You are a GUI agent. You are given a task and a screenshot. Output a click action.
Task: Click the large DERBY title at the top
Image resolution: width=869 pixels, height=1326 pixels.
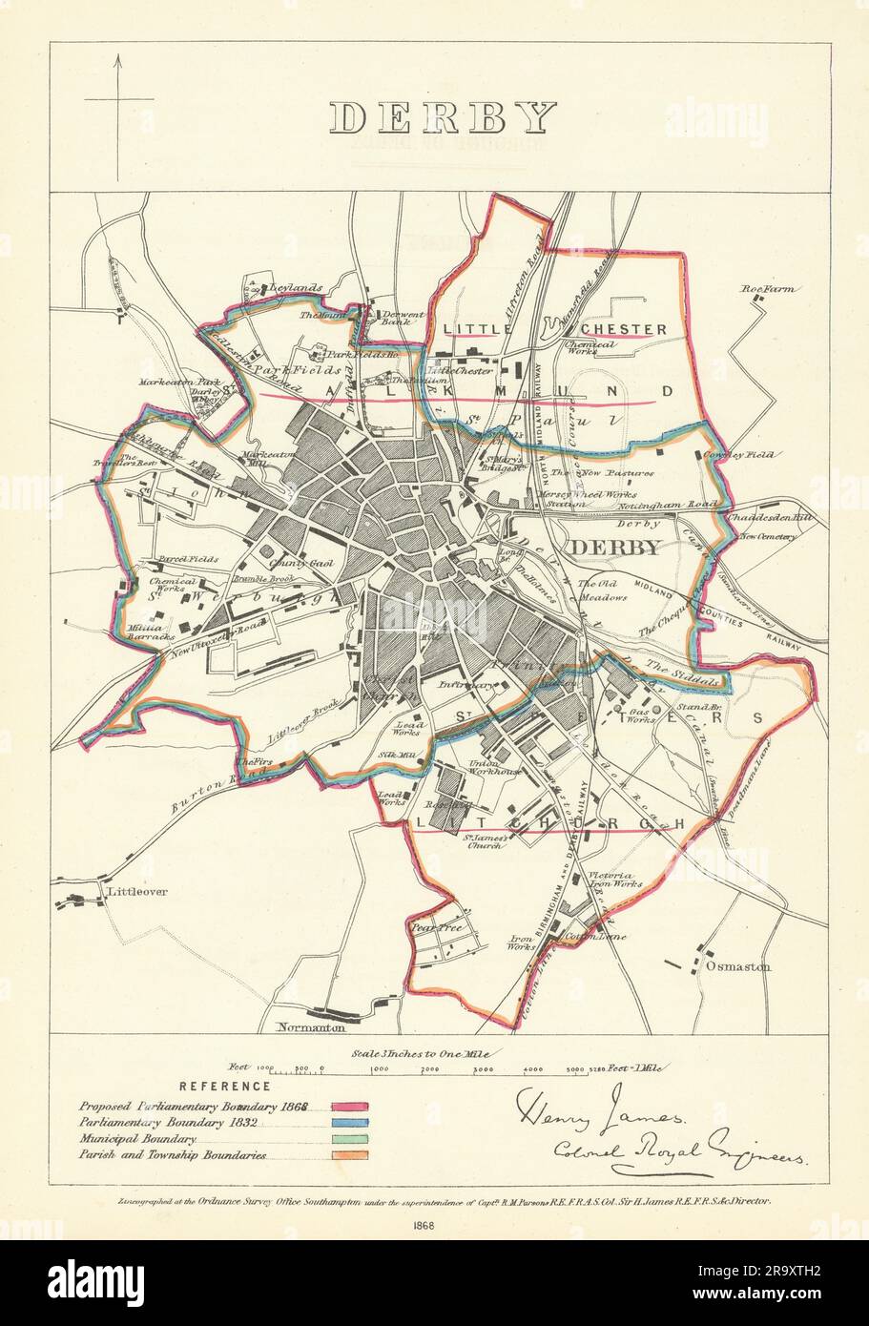coord(443,117)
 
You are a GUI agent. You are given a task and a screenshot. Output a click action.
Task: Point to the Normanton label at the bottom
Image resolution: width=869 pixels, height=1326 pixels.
coord(308,1027)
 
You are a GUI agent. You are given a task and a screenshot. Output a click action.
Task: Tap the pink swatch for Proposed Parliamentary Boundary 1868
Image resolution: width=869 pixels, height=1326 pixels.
coord(350,1106)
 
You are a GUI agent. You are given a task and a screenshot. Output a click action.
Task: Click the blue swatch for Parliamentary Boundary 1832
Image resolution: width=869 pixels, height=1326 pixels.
coord(350,1123)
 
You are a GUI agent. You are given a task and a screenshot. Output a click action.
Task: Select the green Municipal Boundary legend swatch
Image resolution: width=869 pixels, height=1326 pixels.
coord(350,1139)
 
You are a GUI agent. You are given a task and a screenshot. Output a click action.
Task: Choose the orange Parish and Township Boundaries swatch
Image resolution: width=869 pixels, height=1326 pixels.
coord(350,1155)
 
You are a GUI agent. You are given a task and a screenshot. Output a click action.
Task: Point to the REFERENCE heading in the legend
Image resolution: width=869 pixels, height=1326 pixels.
coord(225,1086)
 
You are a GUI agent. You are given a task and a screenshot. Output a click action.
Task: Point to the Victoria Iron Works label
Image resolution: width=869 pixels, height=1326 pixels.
coord(612,880)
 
